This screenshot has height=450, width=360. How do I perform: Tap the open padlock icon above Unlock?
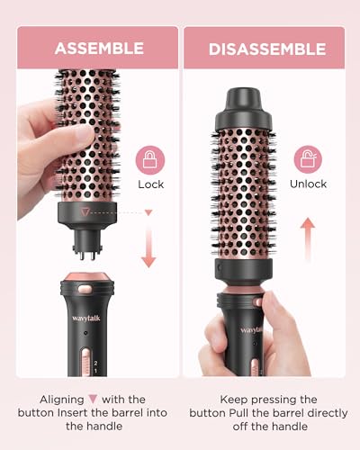coord(309,159)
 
